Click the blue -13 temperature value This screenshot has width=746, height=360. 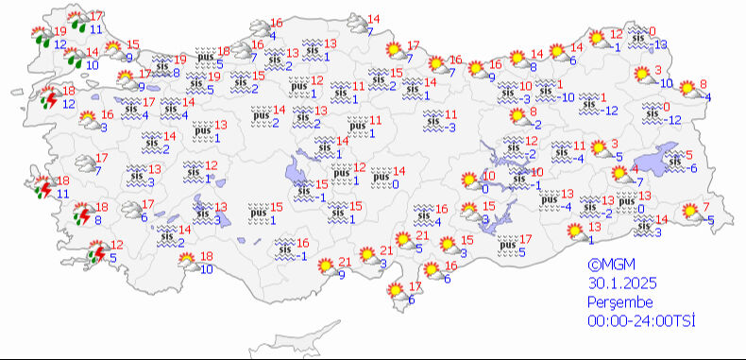(660, 45)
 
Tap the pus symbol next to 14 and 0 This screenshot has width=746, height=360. (381, 176)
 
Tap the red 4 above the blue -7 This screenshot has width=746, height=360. (635, 169)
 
